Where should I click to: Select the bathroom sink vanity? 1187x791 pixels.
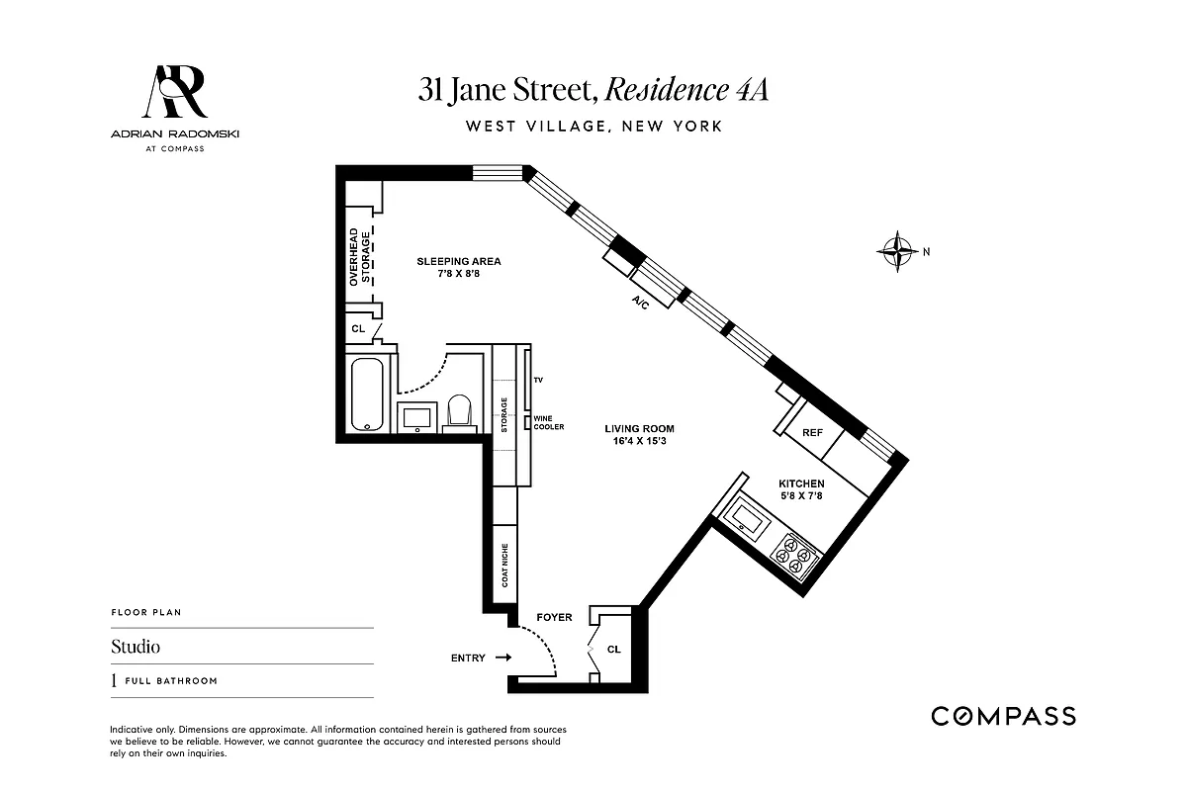tap(418, 415)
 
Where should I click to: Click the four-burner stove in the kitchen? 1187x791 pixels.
tap(795, 557)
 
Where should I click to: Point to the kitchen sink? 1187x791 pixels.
tap(743, 517)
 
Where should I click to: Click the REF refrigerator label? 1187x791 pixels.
tap(812, 433)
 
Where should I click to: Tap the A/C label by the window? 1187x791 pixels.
tap(639, 303)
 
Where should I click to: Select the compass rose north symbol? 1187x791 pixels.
tap(898, 251)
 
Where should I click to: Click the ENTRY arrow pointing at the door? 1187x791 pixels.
tap(502, 658)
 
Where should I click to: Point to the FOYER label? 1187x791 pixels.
tap(554, 617)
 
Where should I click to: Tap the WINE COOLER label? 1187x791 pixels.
tap(549, 422)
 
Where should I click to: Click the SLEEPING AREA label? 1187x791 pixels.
tap(458, 261)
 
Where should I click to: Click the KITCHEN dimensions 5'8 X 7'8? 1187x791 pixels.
tap(801, 495)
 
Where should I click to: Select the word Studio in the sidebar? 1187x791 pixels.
tap(136, 648)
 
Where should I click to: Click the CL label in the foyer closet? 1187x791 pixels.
tap(613, 650)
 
